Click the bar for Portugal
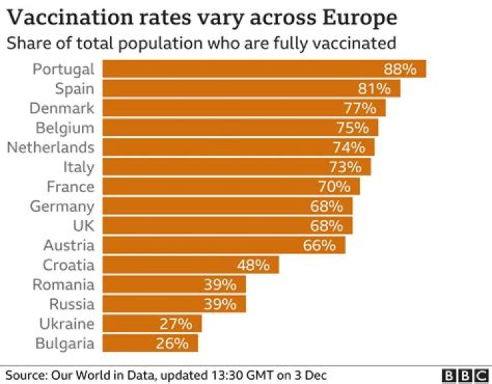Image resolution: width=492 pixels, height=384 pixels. tap(264, 69)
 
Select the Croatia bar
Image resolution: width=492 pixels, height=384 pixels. tap(191, 265)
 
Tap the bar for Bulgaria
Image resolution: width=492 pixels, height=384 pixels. tap(150, 344)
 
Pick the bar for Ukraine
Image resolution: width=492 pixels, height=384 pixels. tap(152, 324)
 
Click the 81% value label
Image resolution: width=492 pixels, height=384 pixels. tap(374, 89)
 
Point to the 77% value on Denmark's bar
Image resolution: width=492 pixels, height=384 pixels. tap(359, 108)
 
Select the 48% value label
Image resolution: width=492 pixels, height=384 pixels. tap(254, 265)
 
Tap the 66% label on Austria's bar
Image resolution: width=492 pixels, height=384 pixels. tap(319, 245)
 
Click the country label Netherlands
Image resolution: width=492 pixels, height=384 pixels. tap(51, 148)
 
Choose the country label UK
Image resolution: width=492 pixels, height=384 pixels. tap(82, 225)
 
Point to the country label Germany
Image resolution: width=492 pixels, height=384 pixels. tap(62, 206)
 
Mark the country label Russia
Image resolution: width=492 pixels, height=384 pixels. tap(72, 304)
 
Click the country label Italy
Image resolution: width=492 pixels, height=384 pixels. tap(79, 167)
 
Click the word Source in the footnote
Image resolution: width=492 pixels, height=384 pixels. tap(25, 374)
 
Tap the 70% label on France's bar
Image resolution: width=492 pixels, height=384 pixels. tap(334, 187)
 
